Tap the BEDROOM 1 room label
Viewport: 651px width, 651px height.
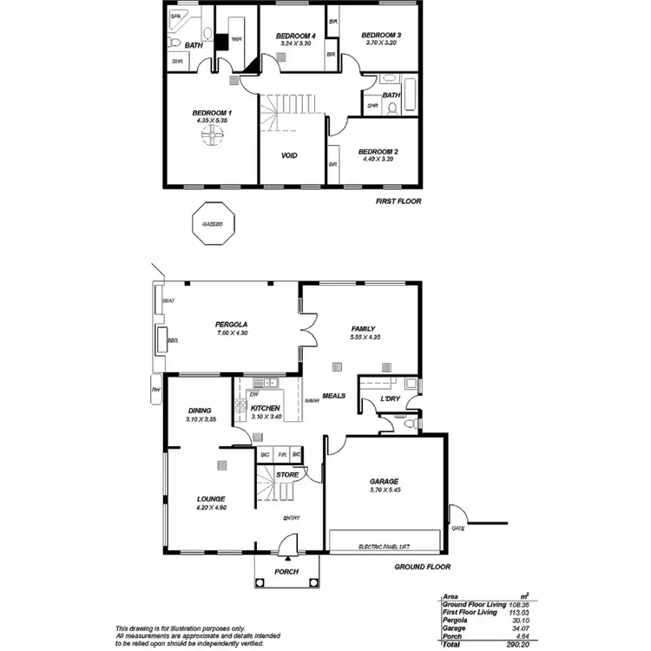coord(212,113)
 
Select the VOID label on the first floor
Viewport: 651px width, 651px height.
coord(290,156)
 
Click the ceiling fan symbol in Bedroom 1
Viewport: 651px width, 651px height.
coord(213,137)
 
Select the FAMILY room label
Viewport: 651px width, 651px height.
coord(363,329)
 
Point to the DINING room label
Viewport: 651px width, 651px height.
coord(200,411)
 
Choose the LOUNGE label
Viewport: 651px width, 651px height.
coord(211,499)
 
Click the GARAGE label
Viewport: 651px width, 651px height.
coord(384,481)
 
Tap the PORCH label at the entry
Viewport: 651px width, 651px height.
coord(286,572)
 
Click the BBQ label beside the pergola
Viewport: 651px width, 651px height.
coord(172,341)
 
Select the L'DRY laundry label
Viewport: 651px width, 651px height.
coord(389,399)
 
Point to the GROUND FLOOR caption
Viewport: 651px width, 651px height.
coord(421,567)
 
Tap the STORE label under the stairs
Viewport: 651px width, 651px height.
coord(286,475)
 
